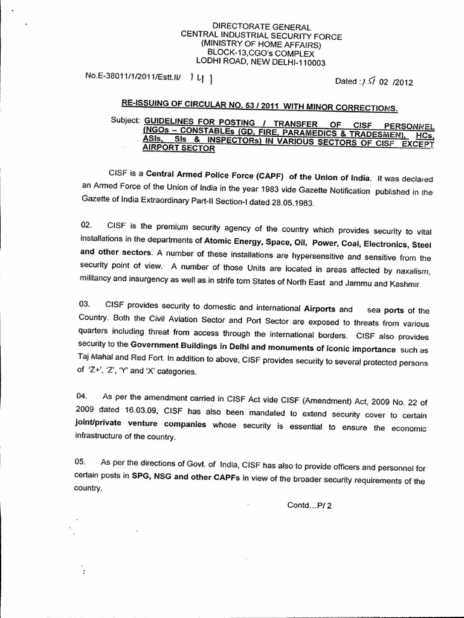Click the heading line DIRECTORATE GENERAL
[262, 27]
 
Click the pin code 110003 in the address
[309, 62]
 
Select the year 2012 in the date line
[402, 84]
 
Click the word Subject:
[125, 119]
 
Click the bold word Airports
[319, 309]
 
